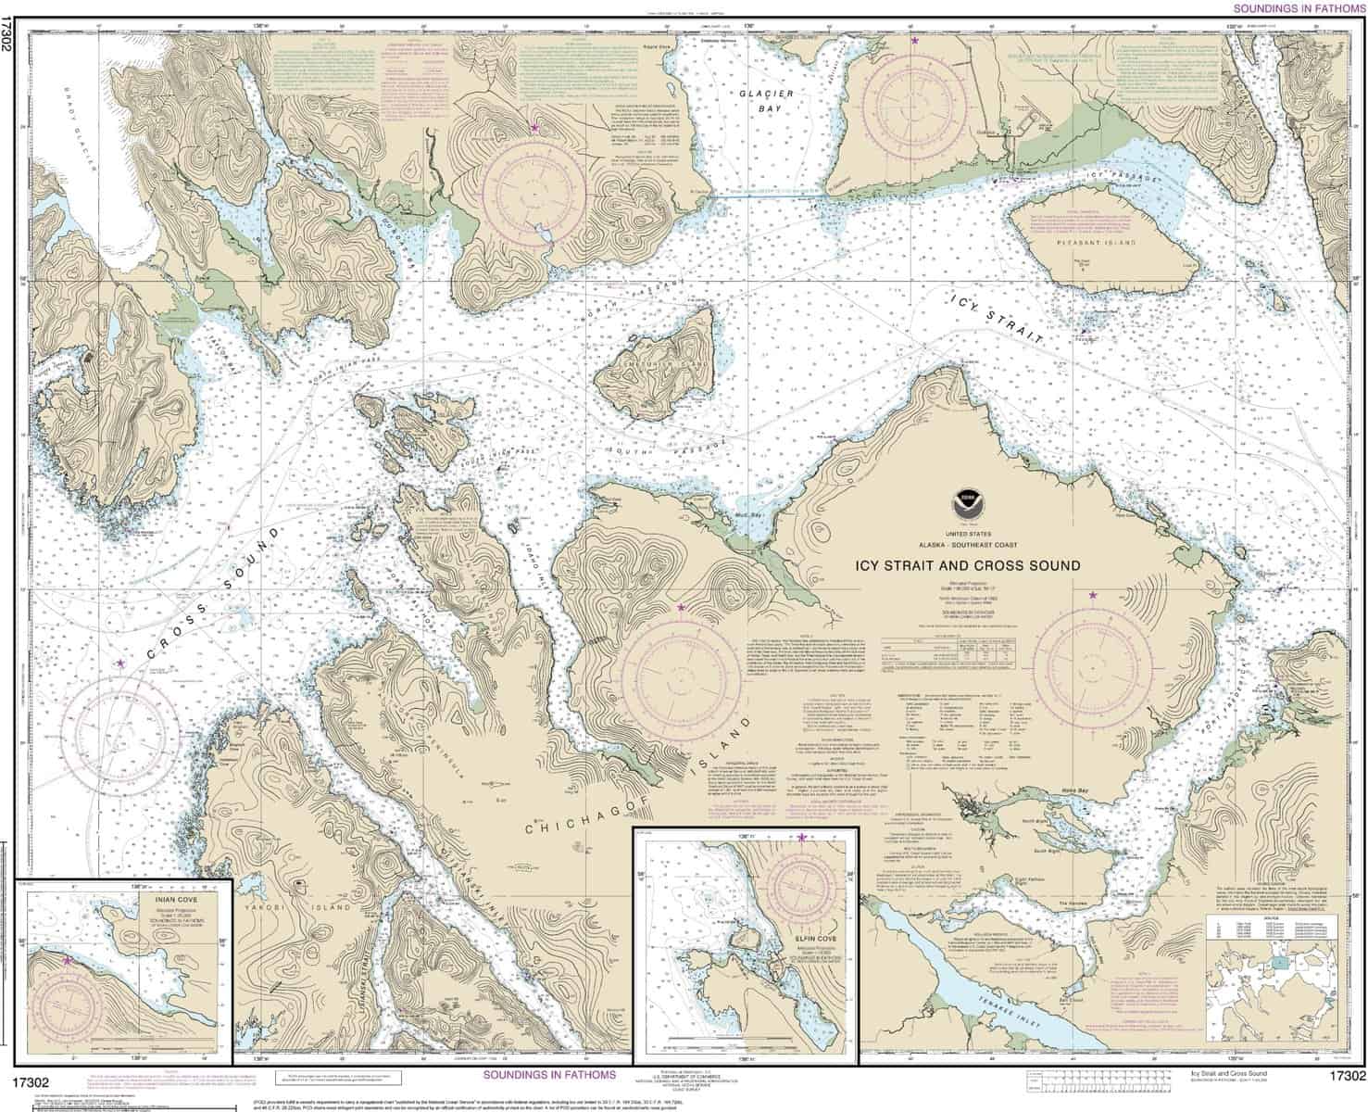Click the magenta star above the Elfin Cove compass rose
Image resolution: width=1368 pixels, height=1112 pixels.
pos(801,838)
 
